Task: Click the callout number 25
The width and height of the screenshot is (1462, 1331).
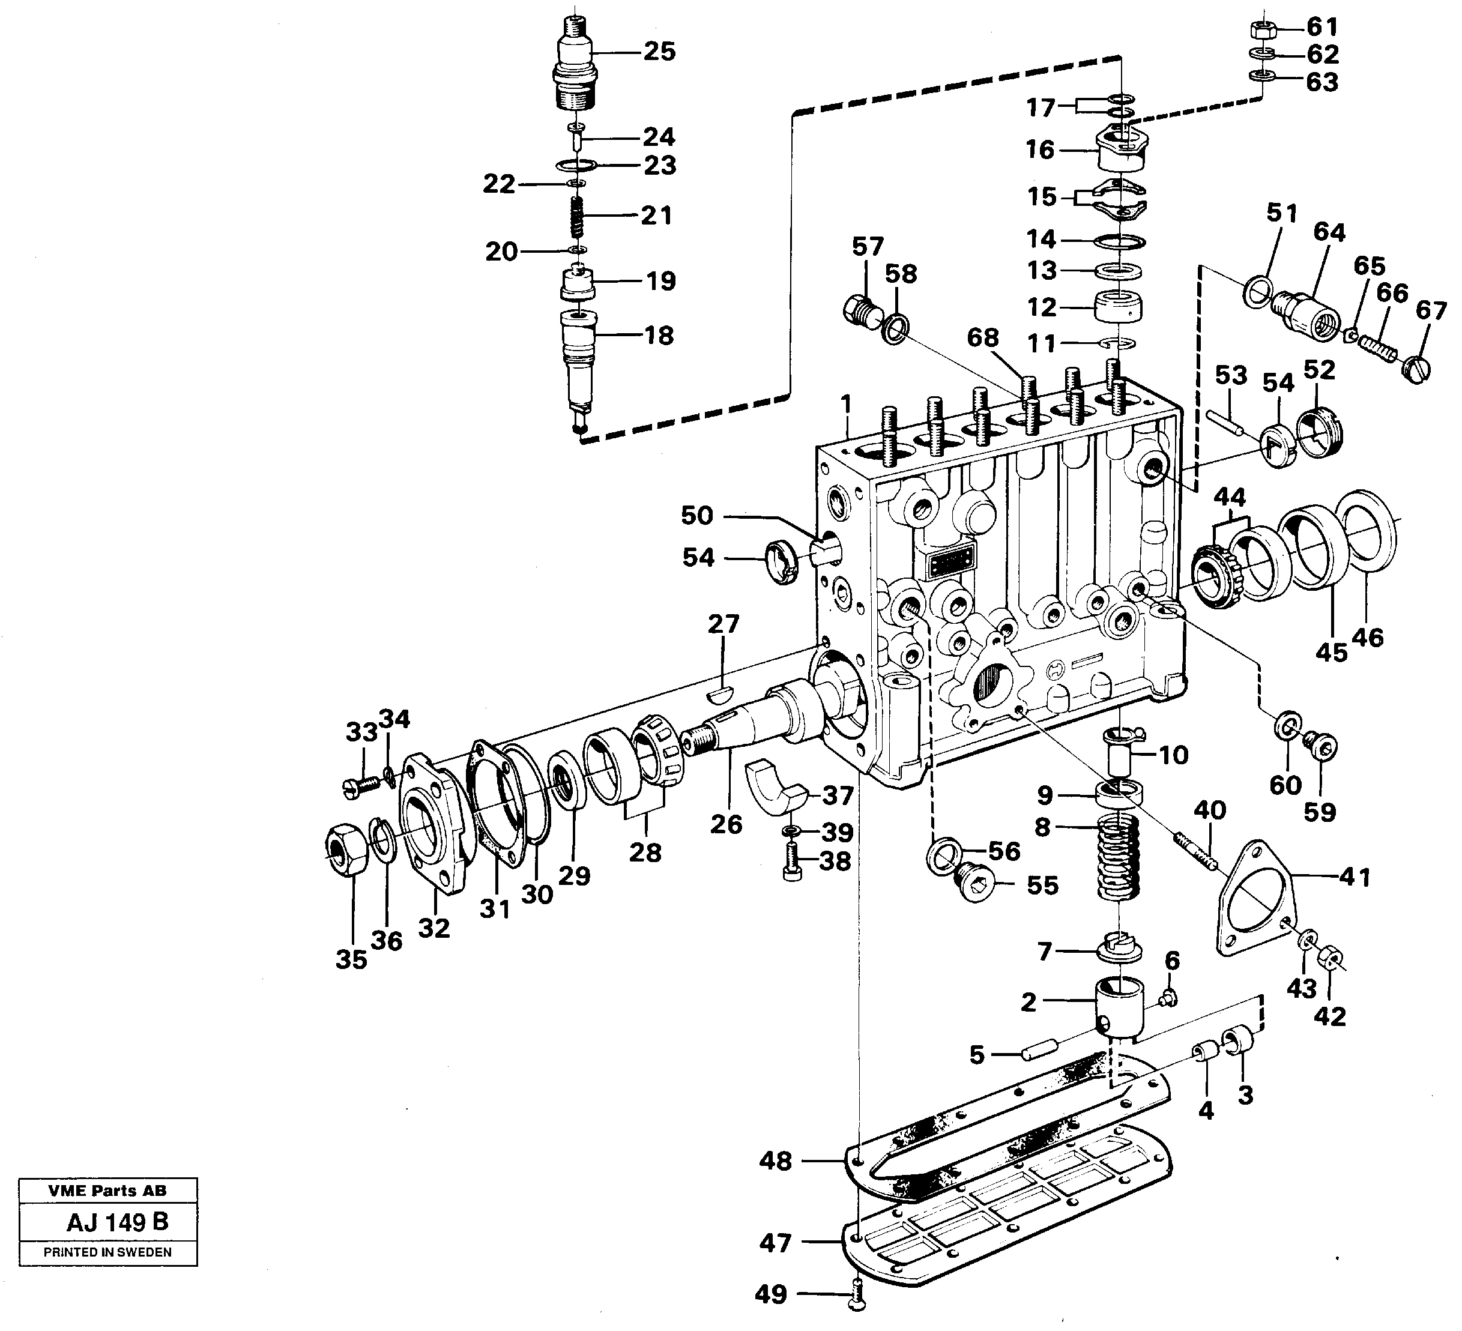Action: click(x=659, y=52)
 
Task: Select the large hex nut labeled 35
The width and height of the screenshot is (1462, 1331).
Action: click(x=346, y=850)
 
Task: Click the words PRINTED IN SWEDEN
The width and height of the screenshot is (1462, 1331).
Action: click(x=107, y=1252)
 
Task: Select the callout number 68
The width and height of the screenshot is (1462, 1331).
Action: click(x=983, y=338)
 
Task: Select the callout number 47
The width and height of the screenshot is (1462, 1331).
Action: click(x=775, y=1243)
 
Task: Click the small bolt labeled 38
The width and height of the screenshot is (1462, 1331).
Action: click(x=793, y=863)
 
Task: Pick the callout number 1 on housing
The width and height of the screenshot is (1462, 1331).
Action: click(x=845, y=402)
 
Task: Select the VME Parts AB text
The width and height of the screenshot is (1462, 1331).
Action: click(x=107, y=1191)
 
